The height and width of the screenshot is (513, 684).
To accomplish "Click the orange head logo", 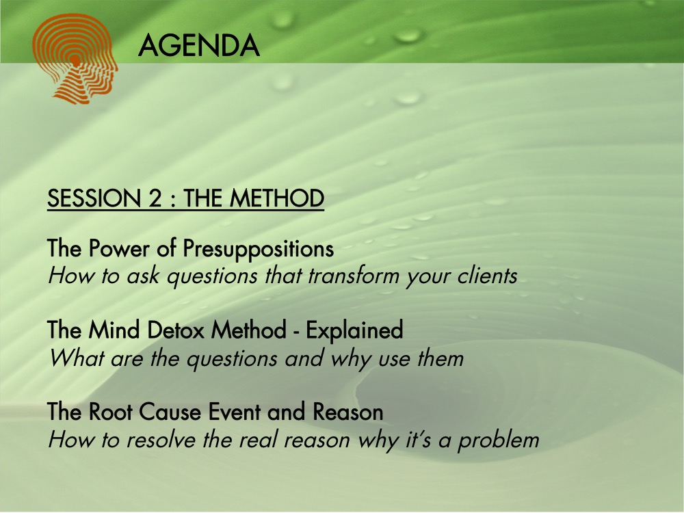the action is coord(75,59).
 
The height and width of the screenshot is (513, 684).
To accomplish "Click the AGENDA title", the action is coord(199,46).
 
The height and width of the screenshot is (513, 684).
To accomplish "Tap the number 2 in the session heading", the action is coord(155,198).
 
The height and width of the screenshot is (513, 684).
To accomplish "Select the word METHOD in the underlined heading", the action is coord(277,198).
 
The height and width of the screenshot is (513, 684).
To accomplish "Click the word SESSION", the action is coord(94,198).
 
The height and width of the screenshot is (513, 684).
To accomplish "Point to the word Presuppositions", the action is coord(259,249).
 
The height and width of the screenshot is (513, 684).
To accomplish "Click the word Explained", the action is coord(354,330).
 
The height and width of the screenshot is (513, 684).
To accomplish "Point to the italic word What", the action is coord(77,358).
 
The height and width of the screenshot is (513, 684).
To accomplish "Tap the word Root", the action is coord(111,412).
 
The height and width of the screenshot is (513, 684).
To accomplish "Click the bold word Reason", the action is coord(348,412).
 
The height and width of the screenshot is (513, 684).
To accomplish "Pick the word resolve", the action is coord(161,439).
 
